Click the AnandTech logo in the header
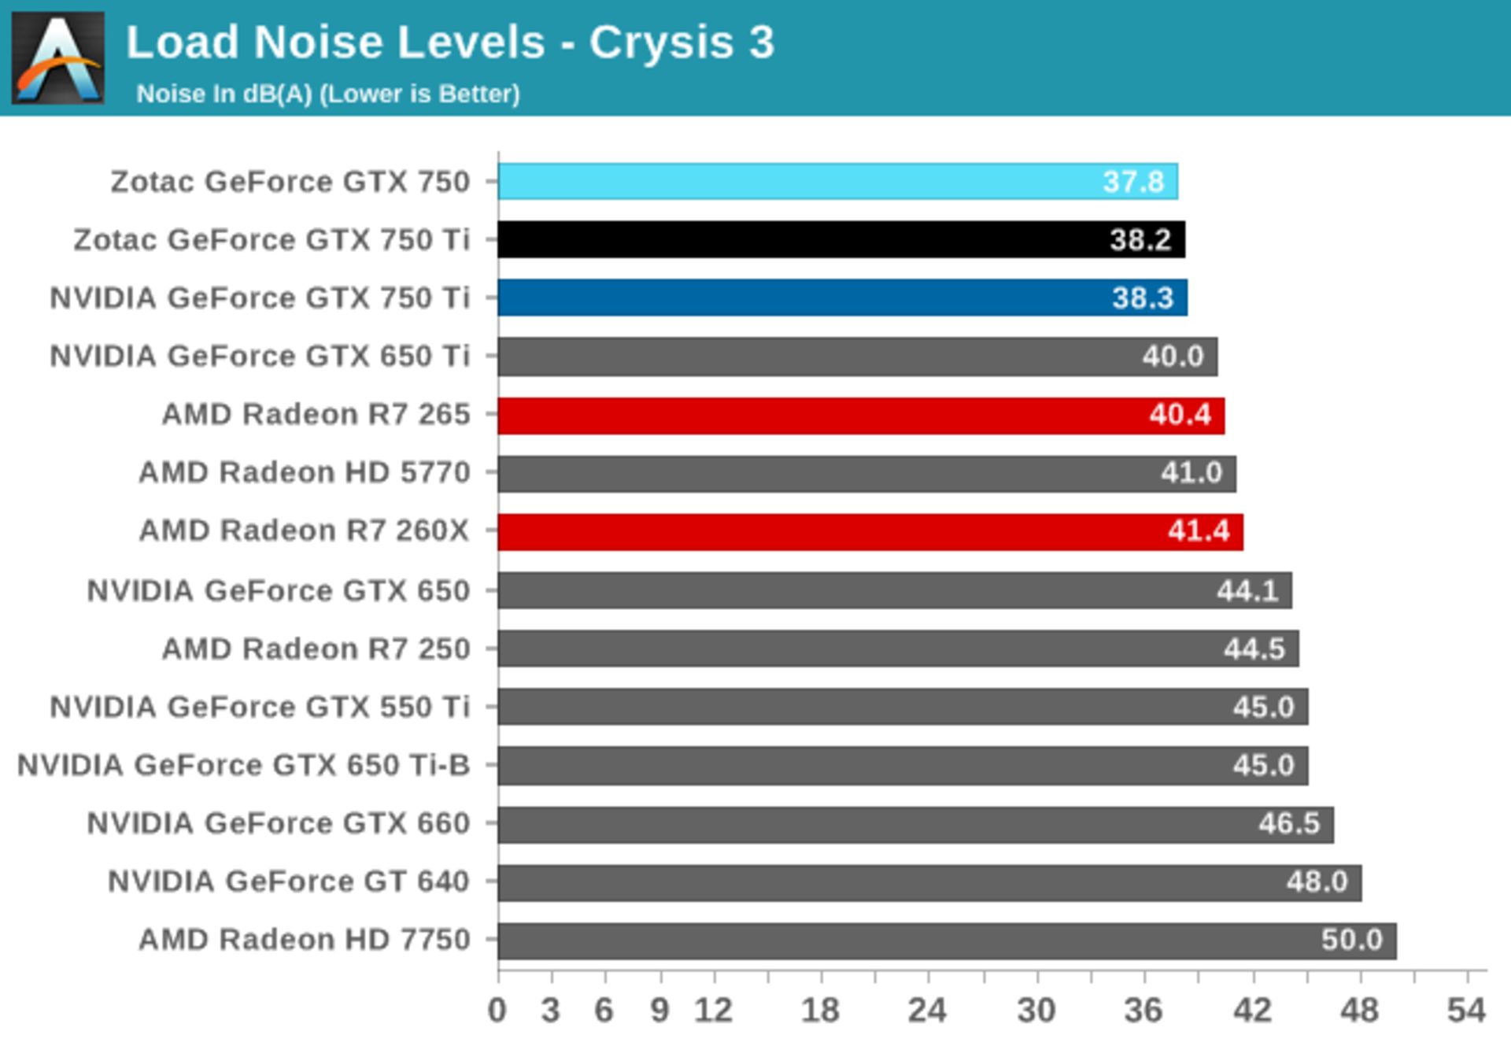58,58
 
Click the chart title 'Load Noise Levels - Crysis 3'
450,43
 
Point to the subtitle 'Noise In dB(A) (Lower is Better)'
328,94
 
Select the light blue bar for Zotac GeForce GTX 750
837,182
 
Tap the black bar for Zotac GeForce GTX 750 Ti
840,239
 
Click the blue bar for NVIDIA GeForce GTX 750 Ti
842,298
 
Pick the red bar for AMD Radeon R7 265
860,415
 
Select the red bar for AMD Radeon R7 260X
870,531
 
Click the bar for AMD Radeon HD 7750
947,941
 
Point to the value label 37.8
1133,182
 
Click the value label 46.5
1288,823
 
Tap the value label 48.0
1317,882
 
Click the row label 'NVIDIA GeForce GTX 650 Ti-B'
244,765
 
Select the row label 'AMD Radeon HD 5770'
305,473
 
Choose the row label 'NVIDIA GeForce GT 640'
289,882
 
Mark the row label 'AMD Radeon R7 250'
316,649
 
